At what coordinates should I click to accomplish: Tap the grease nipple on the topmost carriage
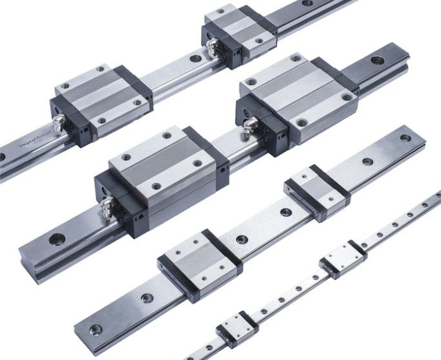tap(212, 45)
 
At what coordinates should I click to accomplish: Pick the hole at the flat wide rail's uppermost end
tap(405, 138)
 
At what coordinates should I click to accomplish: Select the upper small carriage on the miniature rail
tap(342, 259)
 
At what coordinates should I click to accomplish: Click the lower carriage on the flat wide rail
tap(200, 262)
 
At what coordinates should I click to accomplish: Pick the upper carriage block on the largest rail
tap(297, 98)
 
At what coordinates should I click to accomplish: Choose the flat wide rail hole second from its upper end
tap(367, 162)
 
